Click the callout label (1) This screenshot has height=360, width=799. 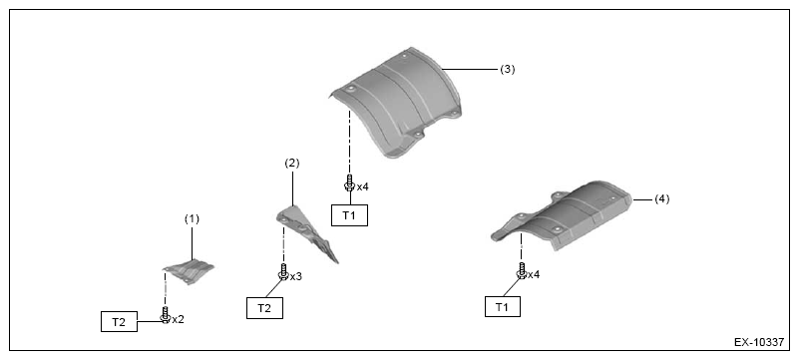point(192,219)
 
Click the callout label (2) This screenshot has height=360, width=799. point(292,164)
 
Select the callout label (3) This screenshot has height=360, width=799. point(507,69)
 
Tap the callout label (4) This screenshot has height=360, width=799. point(661,199)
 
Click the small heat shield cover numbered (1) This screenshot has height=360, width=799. point(190,272)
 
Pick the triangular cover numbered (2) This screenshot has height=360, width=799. point(304,232)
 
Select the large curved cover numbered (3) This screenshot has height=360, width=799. point(396,102)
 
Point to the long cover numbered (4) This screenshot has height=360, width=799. point(562,216)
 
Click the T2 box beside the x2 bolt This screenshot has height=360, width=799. point(119,321)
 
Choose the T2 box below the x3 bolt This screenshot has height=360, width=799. point(264,308)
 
